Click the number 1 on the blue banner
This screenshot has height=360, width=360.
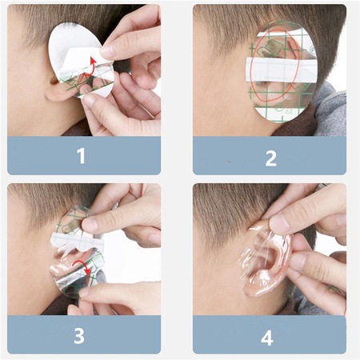click(x=81, y=156)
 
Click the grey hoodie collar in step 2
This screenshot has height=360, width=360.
click(x=328, y=104)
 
